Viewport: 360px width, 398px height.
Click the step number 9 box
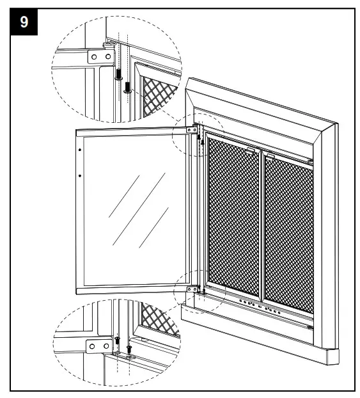(x=24, y=23)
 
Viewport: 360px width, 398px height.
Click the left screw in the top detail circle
(x=119, y=75)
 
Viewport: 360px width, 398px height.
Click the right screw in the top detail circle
(x=128, y=86)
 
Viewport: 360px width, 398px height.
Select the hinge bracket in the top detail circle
(x=95, y=57)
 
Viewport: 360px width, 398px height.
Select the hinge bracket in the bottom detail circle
(x=97, y=346)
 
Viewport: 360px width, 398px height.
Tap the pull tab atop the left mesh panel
(x=250, y=151)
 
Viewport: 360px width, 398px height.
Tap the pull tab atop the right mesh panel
(x=270, y=155)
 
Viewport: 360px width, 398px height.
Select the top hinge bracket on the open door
(x=191, y=130)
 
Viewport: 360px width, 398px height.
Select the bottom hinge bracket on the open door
(x=191, y=289)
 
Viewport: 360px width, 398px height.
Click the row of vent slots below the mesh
(x=262, y=306)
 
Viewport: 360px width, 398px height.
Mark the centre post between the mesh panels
(x=262, y=227)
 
